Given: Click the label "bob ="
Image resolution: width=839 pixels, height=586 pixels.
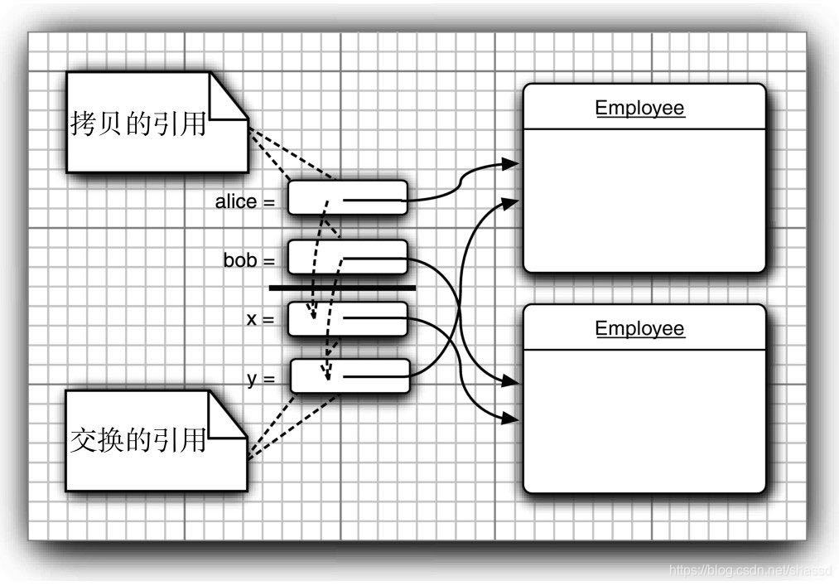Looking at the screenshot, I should tap(248, 260).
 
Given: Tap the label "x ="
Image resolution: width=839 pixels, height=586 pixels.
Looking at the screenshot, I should tap(259, 318).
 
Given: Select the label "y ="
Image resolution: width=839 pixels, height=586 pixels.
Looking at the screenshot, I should tap(260, 378).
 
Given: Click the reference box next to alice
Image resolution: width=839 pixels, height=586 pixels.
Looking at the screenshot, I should tap(348, 197).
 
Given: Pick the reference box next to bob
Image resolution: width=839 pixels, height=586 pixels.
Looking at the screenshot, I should tap(348, 257).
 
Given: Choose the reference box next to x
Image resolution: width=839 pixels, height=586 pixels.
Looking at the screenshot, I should tap(348, 319).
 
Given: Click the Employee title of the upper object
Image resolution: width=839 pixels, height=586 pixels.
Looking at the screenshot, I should tap(639, 108).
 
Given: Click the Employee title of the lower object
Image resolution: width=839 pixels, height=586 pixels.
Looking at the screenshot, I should tap(639, 328).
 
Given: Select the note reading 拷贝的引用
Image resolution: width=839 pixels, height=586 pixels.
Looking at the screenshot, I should tap(137, 124).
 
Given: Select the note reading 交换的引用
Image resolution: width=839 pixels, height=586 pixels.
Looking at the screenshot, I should tap(137, 440).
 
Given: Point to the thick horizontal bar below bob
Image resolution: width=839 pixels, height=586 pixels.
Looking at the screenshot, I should tap(342, 288).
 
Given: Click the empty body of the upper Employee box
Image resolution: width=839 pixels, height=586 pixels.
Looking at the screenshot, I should tap(644, 199).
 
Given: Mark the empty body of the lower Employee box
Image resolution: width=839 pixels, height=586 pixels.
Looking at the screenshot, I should tap(644, 419).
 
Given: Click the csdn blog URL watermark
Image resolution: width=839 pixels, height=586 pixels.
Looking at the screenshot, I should tap(750, 570).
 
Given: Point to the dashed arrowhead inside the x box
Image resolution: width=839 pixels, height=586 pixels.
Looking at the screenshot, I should tap(313, 315).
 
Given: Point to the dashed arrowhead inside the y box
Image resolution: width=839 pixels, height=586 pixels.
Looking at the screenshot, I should tap(328, 375).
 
